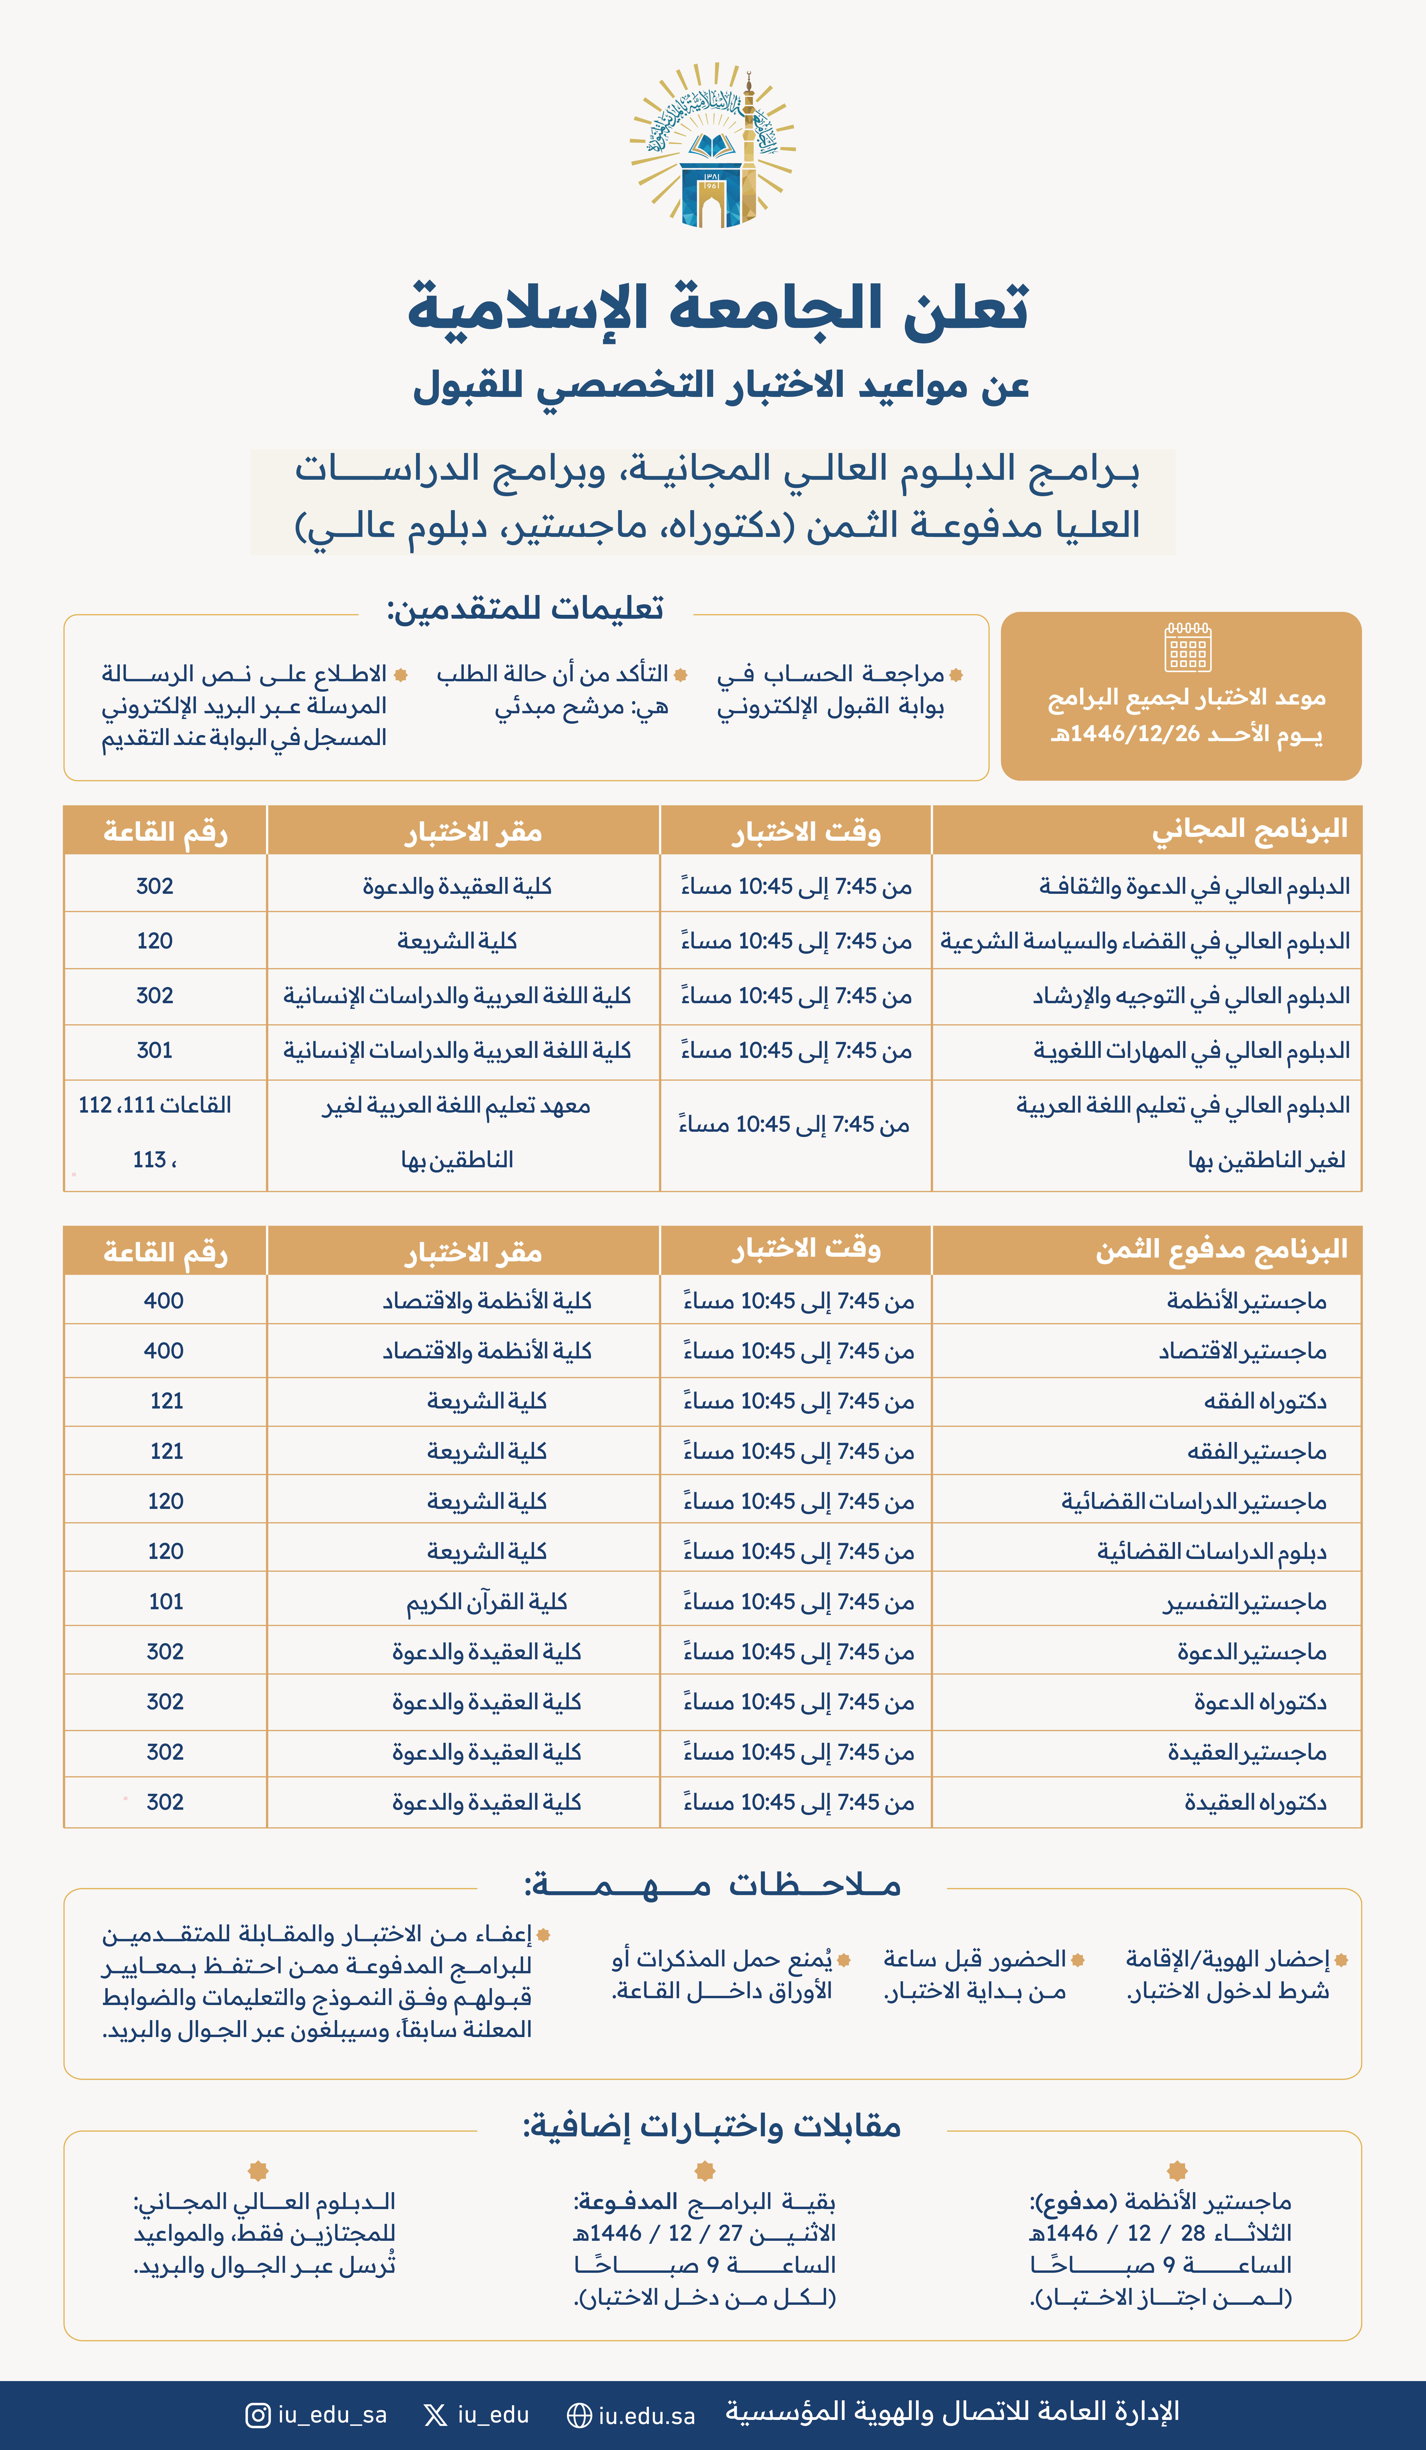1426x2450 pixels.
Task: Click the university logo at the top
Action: [x=713, y=146]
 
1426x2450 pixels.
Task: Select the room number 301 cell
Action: [x=154, y=1050]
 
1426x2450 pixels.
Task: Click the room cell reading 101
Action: [x=165, y=1601]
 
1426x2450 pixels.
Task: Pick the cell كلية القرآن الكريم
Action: [x=486, y=1601]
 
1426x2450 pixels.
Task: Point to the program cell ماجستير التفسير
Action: [x=1244, y=1601]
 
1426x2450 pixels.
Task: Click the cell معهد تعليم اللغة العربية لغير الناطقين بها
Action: [x=457, y=1133]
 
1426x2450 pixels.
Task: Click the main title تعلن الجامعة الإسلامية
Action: [x=717, y=308]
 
